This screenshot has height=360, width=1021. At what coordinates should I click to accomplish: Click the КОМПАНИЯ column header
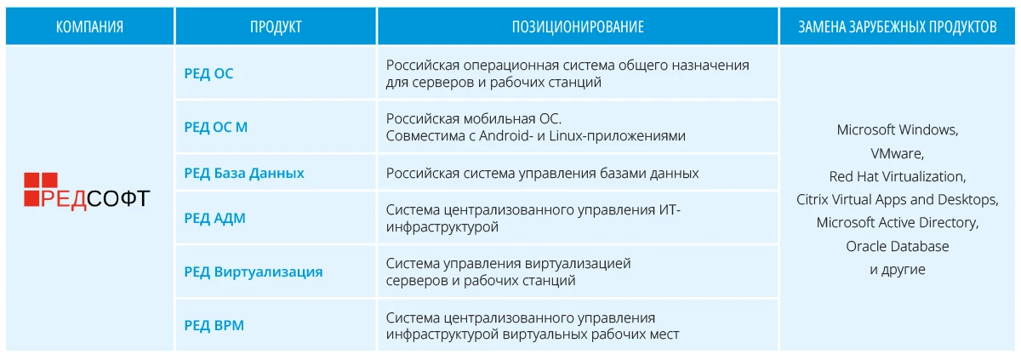point(89,27)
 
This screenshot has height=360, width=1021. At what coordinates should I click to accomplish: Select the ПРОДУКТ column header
point(276,27)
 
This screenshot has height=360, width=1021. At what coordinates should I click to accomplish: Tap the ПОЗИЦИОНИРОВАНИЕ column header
point(578,27)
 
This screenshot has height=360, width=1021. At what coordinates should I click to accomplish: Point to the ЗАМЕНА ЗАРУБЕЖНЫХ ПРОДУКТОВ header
point(897,27)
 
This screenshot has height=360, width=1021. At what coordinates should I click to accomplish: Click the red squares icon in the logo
point(40,187)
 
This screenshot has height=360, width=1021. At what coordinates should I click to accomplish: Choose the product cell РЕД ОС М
point(216,128)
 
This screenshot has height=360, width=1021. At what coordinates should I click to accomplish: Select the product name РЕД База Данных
point(244,174)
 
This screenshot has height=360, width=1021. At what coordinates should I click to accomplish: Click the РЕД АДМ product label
point(214,218)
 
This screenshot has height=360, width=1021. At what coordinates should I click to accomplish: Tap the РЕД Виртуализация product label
point(254,272)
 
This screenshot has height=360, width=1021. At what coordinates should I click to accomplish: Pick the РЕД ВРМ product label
point(214,324)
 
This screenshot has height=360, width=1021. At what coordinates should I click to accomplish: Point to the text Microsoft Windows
point(898,130)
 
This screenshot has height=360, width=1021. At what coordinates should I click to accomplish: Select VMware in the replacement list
point(898,154)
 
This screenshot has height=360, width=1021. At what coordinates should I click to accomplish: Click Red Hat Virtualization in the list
point(898,177)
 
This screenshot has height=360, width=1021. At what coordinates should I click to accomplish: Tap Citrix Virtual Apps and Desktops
point(898,200)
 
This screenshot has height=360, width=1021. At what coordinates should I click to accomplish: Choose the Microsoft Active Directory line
point(898,223)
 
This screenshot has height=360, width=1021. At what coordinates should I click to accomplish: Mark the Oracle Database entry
point(898,247)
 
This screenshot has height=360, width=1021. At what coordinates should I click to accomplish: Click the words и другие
point(898,270)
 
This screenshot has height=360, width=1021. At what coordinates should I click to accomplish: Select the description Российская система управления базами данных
point(543,174)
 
